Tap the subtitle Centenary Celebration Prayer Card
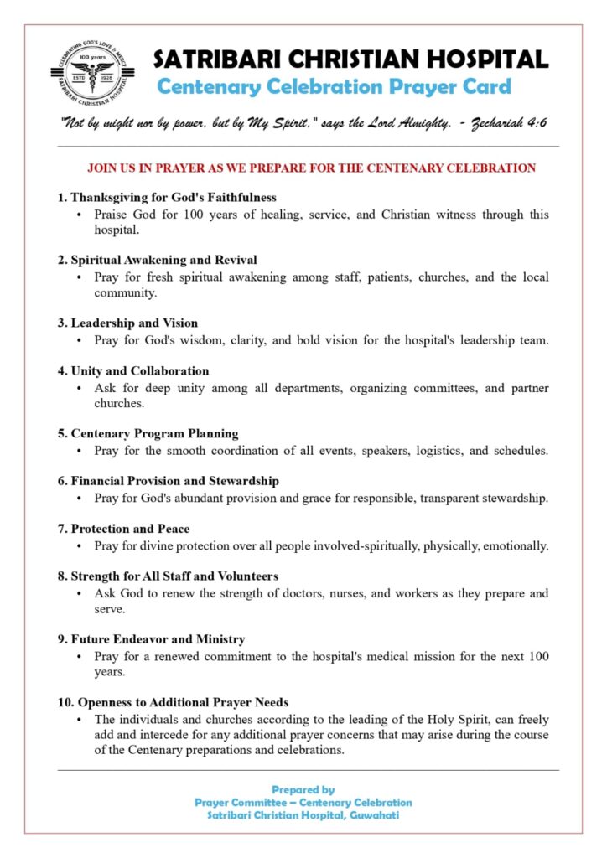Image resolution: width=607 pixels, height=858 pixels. pyautogui.click(x=334, y=86)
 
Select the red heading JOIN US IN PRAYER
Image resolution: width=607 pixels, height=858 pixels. pyautogui.click(x=311, y=168)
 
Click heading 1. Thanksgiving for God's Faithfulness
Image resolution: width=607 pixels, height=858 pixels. pyautogui.click(x=167, y=198)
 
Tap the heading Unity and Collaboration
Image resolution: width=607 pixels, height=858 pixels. pyautogui.click(x=133, y=370)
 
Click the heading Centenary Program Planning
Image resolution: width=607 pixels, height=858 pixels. pyautogui.click(x=148, y=433)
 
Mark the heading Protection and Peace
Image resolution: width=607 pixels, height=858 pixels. pyautogui.click(x=124, y=529)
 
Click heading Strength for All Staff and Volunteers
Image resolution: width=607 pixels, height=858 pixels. pyautogui.click(x=169, y=576)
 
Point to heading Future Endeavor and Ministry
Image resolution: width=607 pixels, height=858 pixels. pyautogui.click(x=151, y=639)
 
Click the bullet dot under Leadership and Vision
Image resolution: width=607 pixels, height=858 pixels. pyautogui.click(x=78, y=341)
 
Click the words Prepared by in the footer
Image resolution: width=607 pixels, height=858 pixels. pyautogui.click(x=303, y=789)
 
